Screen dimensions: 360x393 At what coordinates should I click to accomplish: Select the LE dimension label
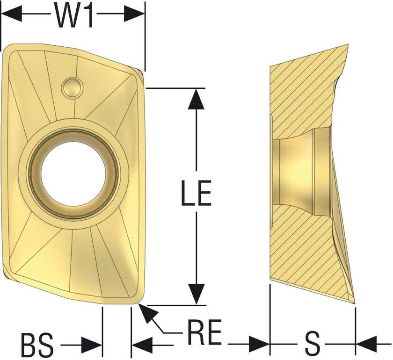pos(196,193)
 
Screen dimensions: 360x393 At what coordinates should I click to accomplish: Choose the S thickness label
pos(313,346)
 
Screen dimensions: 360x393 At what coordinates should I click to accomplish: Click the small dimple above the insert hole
pos(73,87)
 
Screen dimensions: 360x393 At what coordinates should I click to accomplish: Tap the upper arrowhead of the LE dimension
pos(196,98)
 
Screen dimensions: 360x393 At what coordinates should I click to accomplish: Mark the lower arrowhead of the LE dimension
pos(196,295)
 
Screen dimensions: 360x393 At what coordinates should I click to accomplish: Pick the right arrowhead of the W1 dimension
pos(135,14)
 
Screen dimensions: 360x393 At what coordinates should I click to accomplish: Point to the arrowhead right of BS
pos(93,346)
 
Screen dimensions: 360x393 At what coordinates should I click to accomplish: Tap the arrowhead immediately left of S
pos(260,346)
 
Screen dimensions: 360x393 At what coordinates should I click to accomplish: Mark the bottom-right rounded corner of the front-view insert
pos(137,299)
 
